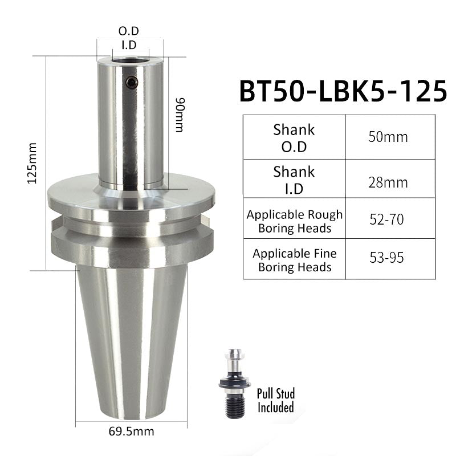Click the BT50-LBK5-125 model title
tap(343, 91)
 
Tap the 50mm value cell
tap(388, 137)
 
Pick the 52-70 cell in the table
tap(386, 219)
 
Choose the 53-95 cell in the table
tap(386, 258)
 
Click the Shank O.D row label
tap(294, 138)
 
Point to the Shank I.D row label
tap(294, 180)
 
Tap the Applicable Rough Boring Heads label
tap(295, 221)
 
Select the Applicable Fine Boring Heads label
tap(295, 260)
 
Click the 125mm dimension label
tap(32, 163)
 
